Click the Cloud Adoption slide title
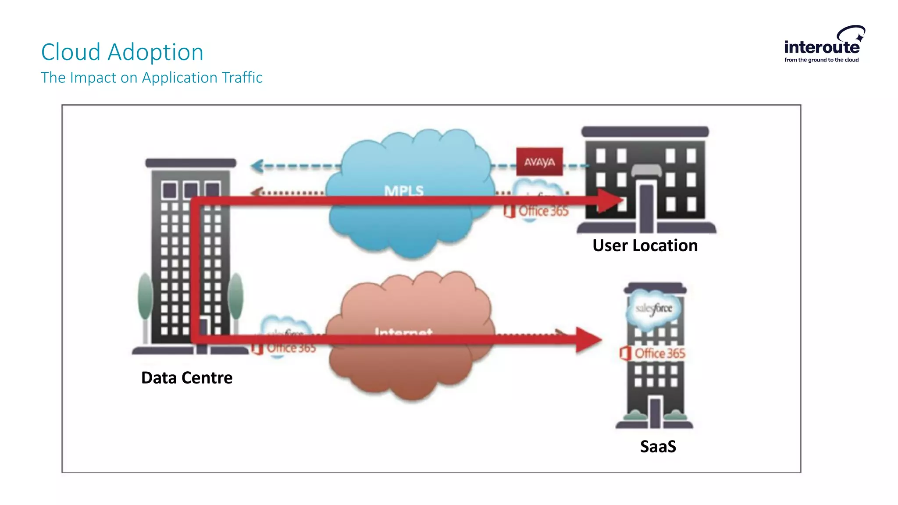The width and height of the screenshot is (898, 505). (122, 52)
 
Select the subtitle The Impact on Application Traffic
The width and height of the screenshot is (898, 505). (151, 78)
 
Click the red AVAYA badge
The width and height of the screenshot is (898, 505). (539, 162)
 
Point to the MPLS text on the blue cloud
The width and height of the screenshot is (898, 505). (404, 190)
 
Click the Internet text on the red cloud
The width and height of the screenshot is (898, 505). (403, 331)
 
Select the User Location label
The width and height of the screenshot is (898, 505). (645, 245)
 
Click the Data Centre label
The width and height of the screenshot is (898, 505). (187, 378)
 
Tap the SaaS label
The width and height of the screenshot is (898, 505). (658, 447)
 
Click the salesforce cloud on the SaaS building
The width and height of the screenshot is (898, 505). (654, 309)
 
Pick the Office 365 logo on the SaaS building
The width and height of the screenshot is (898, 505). (653, 353)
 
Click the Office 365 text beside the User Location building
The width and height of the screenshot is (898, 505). (543, 211)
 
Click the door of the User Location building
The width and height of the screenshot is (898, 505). (646, 208)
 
